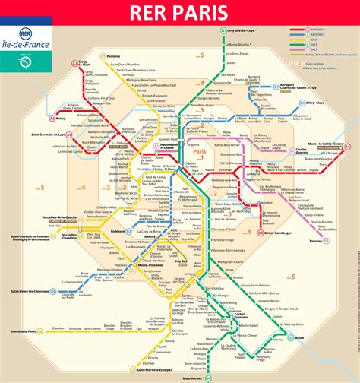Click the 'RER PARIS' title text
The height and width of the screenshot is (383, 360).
click(179, 14)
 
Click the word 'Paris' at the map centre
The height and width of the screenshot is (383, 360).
click(201, 152)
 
